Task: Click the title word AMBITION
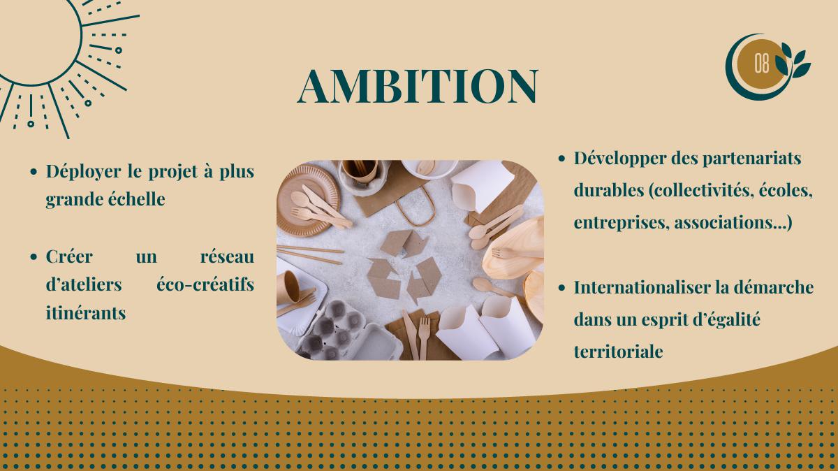418,86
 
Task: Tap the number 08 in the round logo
761,64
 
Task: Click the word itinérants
86,312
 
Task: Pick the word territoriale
618,352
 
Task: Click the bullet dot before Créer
34,257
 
